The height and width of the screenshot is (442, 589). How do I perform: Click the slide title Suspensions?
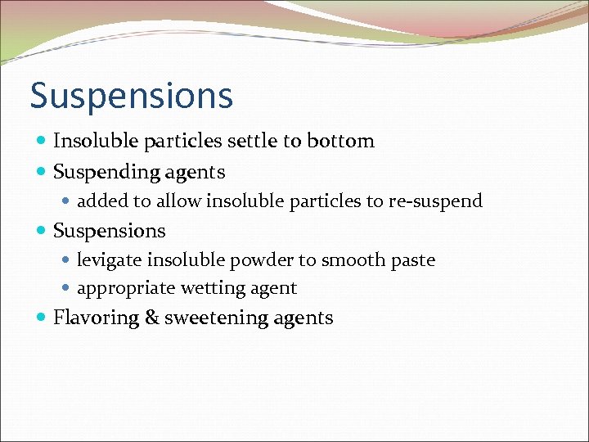coord(132,96)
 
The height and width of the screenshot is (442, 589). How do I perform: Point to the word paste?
coord(413,260)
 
